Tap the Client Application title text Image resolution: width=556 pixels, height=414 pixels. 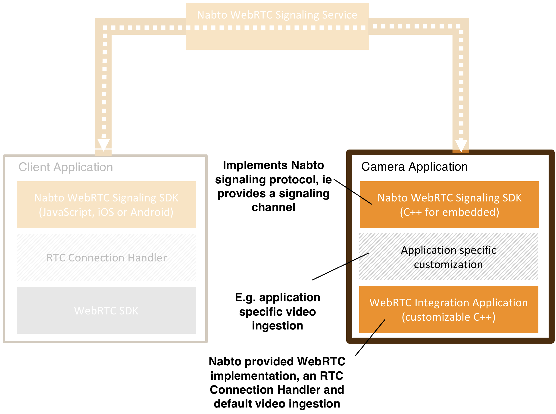coord(66,167)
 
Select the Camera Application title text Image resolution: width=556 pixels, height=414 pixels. coord(414,167)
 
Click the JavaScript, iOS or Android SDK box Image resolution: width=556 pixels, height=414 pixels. coord(106,204)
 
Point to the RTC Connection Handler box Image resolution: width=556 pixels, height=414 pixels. coord(106,257)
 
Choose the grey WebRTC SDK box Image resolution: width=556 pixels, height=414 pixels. coord(106,310)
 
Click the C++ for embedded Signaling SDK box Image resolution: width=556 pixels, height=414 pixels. coord(449,204)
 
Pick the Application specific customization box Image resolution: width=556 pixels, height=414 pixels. coord(448,257)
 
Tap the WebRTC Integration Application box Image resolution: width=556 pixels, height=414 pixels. coord(449,310)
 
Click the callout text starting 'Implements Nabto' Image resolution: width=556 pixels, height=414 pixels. coord(273,186)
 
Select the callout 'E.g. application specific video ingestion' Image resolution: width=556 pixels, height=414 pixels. coord(277,311)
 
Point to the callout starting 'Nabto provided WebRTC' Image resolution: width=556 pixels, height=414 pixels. coord(277,383)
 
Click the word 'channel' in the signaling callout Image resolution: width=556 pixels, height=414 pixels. coord(273,207)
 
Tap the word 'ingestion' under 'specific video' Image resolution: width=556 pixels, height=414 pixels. coord(277,326)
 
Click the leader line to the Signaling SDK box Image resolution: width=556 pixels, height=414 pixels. coord(353,192)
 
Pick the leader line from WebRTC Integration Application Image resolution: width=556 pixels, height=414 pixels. coord(370,338)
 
